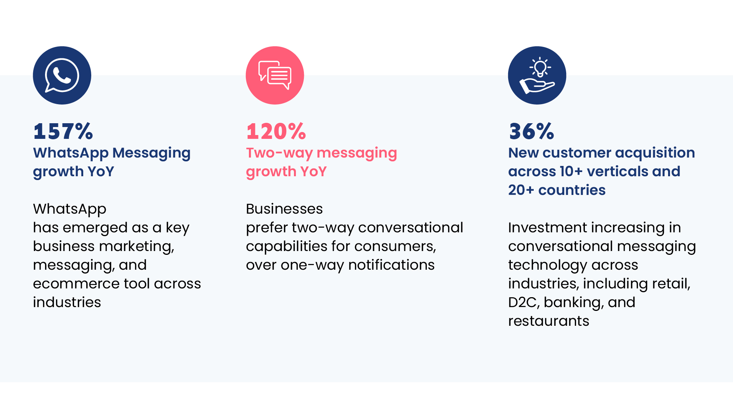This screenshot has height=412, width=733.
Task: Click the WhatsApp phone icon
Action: (x=62, y=76)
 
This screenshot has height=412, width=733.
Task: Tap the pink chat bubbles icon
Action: (x=275, y=76)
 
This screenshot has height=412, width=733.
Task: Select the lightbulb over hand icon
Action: (x=537, y=76)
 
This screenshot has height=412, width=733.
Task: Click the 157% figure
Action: (x=63, y=131)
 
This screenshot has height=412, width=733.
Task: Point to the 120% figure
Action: (x=276, y=131)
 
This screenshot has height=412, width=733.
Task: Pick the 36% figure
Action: (x=531, y=131)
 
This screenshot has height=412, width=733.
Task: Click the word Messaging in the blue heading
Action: (x=152, y=153)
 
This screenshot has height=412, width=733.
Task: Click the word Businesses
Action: (x=284, y=209)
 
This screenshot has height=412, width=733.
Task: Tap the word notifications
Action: (x=391, y=265)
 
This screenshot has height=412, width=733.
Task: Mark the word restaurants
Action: (x=549, y=321)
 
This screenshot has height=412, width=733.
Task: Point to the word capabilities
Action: (x=287, y=247)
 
